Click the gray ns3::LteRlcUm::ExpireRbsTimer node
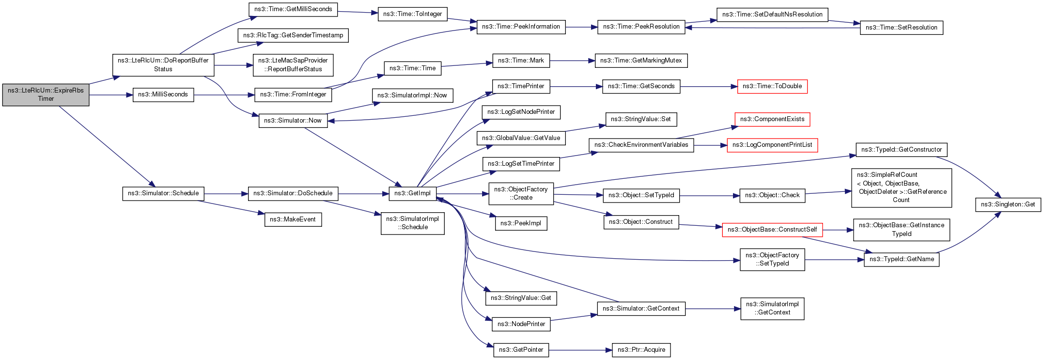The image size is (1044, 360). tap(46, 94)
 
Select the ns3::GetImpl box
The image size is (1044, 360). tap(412, 193)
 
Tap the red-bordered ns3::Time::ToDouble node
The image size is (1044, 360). tap(772, 86)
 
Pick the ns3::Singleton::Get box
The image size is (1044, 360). tap(1008, 204)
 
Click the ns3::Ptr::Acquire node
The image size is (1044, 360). tap(641, 350)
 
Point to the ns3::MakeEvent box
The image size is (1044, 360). tap(293, 219)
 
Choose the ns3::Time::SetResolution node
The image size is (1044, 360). tap(901, 28)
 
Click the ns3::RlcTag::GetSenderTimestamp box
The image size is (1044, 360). tap(293, 35)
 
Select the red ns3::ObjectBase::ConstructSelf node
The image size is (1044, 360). tap(772, 230)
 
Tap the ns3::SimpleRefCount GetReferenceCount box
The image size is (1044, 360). tap(902, 188)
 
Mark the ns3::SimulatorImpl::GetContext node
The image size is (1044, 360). tap(772, 308)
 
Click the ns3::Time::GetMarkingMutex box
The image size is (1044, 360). tap(641, 61)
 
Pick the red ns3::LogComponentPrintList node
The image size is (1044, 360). tap(772, 145)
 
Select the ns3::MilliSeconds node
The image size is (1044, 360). tap(163, 94)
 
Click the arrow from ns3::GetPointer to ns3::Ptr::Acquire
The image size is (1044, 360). tap(580, 350)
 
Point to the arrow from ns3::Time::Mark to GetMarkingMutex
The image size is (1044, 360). tap(572, 61)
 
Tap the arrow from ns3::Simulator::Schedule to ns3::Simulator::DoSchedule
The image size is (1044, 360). tap(226, 194)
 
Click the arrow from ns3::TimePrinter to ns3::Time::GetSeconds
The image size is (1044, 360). tap(576, 87)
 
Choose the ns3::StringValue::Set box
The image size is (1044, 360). tap(641, 119)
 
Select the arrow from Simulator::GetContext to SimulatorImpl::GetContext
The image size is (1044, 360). tap(713, 309)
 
